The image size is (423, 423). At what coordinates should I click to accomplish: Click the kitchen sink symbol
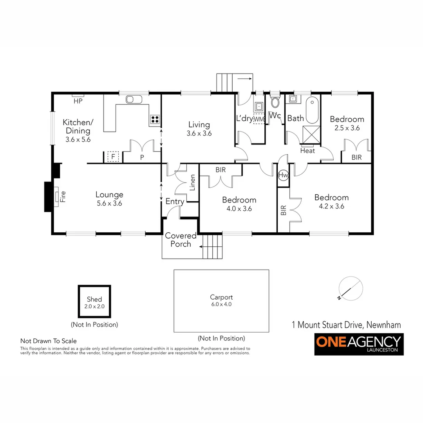tap(134, 99)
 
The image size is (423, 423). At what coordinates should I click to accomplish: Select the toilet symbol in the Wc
tap(275, 103)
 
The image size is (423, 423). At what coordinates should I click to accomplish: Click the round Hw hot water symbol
tap(283, 176)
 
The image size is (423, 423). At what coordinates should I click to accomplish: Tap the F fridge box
tap(113, 157)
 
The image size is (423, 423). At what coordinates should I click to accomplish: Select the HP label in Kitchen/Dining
tap(78, 101)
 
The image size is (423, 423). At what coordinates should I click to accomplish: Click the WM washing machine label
tap(259, 119)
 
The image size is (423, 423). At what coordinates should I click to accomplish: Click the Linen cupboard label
tap(192, 182)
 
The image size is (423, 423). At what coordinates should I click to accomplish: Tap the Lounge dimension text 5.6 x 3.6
tap(110, 203)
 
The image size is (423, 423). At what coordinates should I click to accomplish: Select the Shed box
tap(94, 302)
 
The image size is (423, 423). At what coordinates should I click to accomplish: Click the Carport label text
tap(221, 297)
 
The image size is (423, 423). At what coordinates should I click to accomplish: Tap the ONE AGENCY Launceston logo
tap(359, 344)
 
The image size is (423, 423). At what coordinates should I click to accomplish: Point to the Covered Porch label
tap(181, 240)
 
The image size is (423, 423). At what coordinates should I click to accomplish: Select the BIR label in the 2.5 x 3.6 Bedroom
tap(356, 157)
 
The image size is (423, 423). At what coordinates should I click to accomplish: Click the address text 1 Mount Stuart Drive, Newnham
tap(346, 325)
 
